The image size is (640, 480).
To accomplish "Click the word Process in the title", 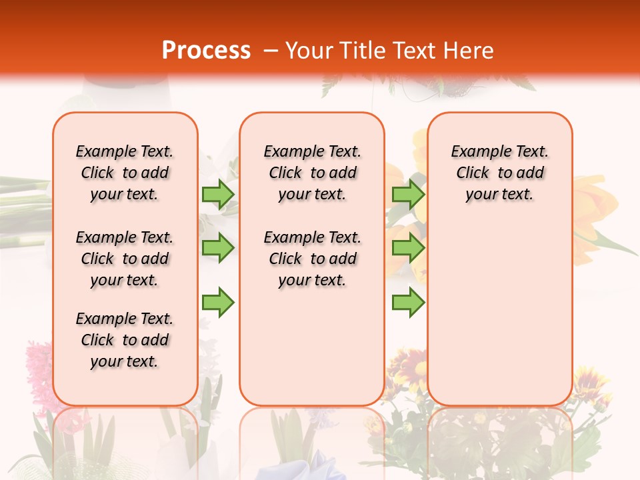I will click(206, 51).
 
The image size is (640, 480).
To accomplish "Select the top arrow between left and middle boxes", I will click(218, 194).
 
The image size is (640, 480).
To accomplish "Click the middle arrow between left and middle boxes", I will click(218, 248).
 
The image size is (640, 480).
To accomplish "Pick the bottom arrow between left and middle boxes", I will click(218, 303).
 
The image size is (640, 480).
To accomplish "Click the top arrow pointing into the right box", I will click(408, 194).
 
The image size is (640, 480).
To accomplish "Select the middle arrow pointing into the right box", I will click(408, 248).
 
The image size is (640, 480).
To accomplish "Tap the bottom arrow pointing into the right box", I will click(408, 303).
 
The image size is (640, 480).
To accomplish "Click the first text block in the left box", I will click(125, 173).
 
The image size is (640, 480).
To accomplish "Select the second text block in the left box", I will click(125, 259).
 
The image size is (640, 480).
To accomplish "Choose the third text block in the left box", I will click(125, 340).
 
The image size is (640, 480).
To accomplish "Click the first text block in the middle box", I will click(312, 173).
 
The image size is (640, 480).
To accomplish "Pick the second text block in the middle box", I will click(312, 259).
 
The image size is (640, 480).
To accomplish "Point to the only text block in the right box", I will click(499, 173).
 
